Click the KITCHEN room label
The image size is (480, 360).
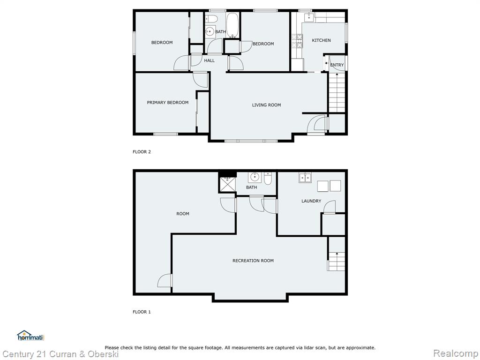pos(321,40)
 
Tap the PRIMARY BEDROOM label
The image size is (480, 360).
pos(167,103)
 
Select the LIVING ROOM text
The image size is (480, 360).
pos(266,105)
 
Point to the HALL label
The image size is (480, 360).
pos(210,60)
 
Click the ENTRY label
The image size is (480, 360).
pos(337,65)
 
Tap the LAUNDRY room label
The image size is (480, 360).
pos(311,201)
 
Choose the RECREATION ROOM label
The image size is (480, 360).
pos(253,261)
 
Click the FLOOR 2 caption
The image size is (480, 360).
pos(142,152)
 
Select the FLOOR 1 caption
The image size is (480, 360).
pos(142,312)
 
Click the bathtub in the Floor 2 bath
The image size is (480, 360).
pos(232,25)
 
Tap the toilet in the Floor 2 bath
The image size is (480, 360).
pos(211,19)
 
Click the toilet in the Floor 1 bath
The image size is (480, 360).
pos(268,179)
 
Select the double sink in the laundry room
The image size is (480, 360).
pos(305,178)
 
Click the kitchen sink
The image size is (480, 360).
pos(309,17)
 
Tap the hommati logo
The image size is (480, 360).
pos(30,336)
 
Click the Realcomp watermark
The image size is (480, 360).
pos(456,353)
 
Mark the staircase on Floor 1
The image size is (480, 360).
pos(337,254)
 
